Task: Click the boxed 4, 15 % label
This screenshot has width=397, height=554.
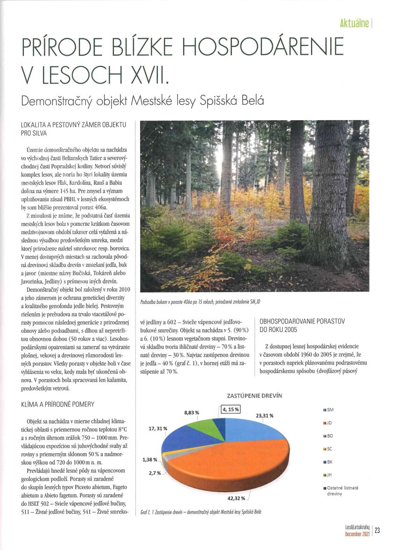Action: click(231, 410)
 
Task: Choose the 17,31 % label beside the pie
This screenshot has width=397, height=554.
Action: click(158, 428)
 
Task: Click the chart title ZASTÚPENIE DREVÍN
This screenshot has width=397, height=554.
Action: click(254, 396)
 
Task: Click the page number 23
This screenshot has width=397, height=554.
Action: click(377, 530)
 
